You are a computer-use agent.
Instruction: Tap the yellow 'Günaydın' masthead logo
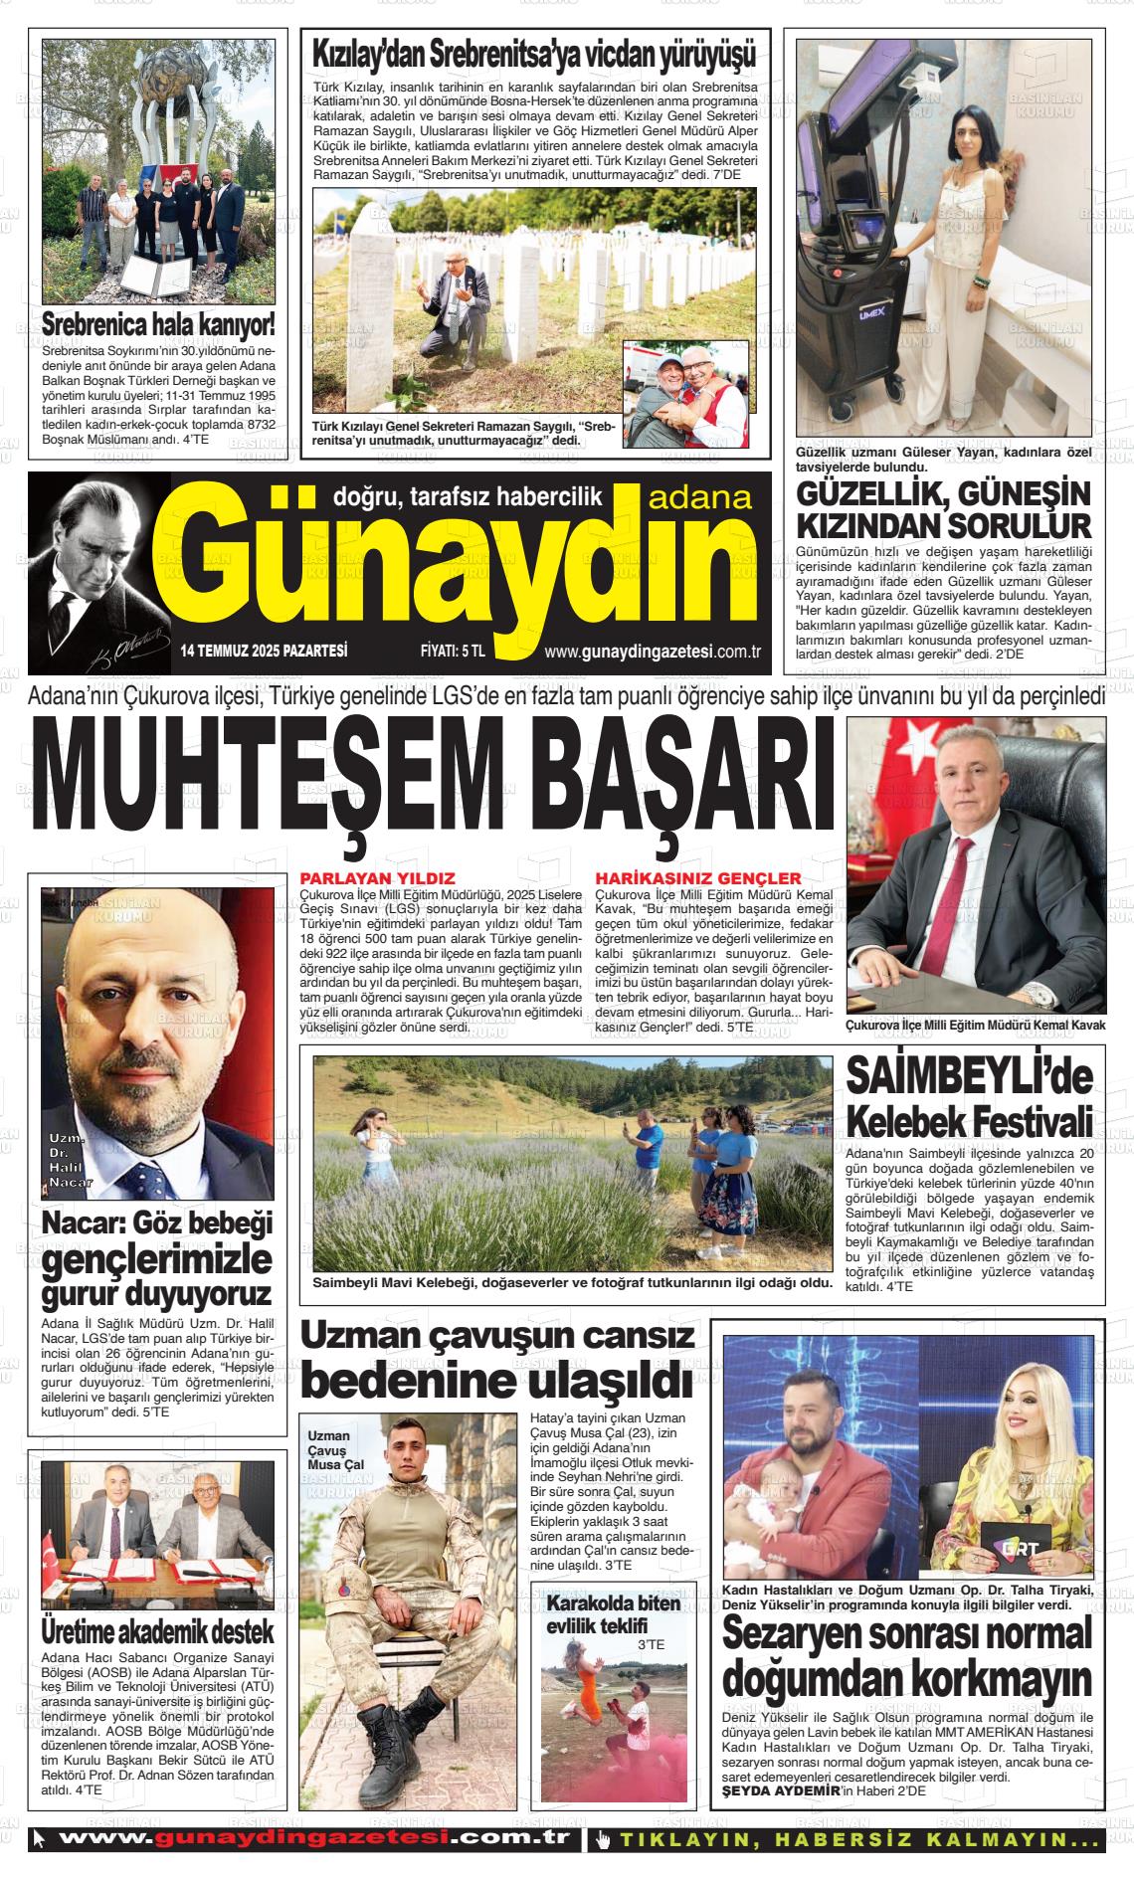pos(468,577)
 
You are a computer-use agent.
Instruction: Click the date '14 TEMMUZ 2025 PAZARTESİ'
pos(264,652)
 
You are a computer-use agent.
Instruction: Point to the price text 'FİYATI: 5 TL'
pos(453,652)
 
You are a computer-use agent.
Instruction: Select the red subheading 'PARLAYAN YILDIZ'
pos(377,878)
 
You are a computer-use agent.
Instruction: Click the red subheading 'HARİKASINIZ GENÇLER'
pos(697,878)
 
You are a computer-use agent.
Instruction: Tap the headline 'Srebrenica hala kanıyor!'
pos(158,324)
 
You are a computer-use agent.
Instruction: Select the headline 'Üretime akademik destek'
pos(157,1631)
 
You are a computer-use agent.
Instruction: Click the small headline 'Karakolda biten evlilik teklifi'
pos(614,1614)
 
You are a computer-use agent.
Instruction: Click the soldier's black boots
pos(383,1768)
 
